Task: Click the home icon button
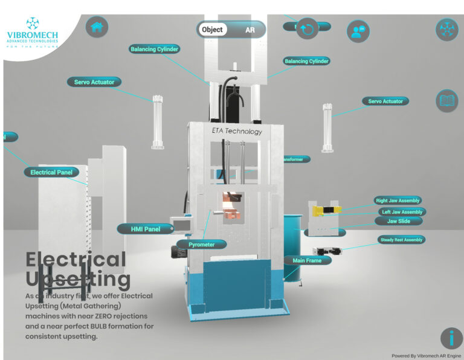(x=97, y=27)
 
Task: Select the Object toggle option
(x=212, y=30)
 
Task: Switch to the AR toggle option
(x=250, y=30)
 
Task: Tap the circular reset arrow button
(x=308, y=28)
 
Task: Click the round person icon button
(x=358, y=31)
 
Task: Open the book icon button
(x=447, y=101)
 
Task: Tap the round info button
(x=451, y=338)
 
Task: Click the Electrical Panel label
(x=51, y=173)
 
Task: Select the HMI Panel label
(x=145, y=229)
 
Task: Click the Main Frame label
(x=307, y=260)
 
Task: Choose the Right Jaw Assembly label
(x=398, y=201)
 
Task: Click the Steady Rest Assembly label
(x=402, y=240)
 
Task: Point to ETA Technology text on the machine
(x=237, y=131)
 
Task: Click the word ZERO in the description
(x=113, y=316)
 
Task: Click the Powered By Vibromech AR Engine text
(x=425, y=356)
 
